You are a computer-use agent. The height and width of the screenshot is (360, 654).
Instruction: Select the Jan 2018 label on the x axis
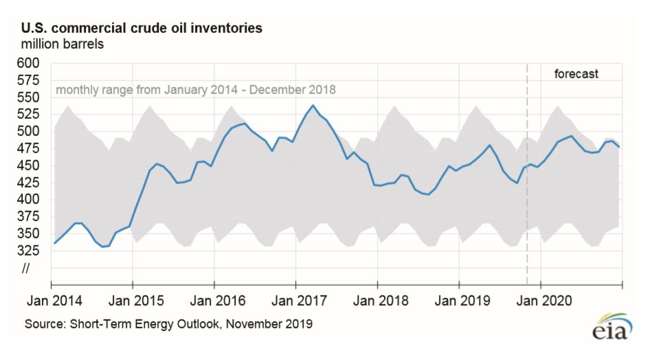[377, 301]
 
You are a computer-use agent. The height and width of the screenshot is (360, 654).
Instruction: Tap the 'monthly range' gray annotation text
[196, 90]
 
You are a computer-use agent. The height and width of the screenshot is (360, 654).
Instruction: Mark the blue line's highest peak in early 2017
[313, 105]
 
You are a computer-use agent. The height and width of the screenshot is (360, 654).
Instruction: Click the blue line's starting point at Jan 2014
[53, 243]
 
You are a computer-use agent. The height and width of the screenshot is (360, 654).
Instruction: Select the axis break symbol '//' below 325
[26, 268]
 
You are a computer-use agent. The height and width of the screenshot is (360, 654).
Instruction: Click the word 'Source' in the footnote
[41, 322]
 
